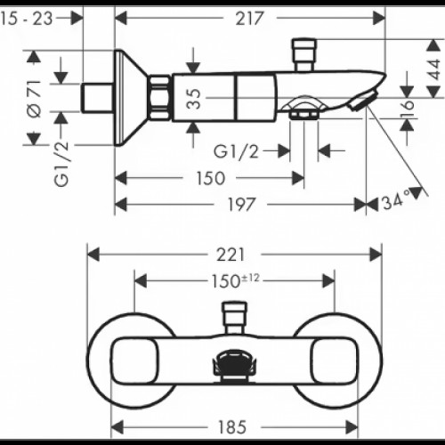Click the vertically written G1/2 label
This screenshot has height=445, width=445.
click(x=60, y=162)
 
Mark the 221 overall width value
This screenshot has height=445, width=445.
click(x=235, y=254)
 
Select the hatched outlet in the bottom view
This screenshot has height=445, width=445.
click(x=233, y=364)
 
